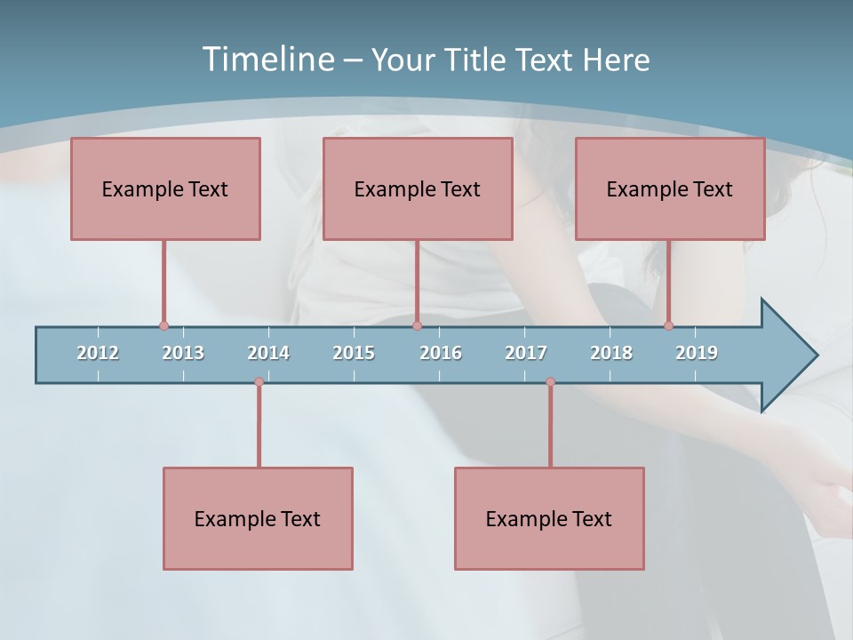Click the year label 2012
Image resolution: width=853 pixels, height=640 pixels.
(98, 353)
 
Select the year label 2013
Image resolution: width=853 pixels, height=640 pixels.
(183, 353)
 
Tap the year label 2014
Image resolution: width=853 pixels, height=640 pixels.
(268, 353)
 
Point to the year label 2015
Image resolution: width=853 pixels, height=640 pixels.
(354, 353)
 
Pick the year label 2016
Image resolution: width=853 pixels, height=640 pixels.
(441, 353)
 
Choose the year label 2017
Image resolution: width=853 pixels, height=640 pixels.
(526, 353)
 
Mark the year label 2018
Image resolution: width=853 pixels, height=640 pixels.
(611, 353)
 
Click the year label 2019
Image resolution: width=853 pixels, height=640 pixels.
(697, 353)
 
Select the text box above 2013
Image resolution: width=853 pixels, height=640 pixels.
(165, 188)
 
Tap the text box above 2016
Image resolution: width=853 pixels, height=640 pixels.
(418, 188)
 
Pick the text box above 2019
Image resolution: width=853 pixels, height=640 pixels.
(670, 188)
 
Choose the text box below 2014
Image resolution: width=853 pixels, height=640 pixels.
(258, 518)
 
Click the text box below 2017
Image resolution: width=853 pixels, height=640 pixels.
(549, 518)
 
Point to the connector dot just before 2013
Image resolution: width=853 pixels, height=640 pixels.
(163, 326)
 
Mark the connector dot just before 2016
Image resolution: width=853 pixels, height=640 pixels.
(417, 326)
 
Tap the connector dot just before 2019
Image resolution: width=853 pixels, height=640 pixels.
(669, 326)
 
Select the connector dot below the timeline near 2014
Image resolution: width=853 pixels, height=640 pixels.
(259, 382)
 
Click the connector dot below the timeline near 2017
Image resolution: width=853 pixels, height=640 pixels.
(550, 382)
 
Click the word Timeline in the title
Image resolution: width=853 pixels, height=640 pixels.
(267, 60)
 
